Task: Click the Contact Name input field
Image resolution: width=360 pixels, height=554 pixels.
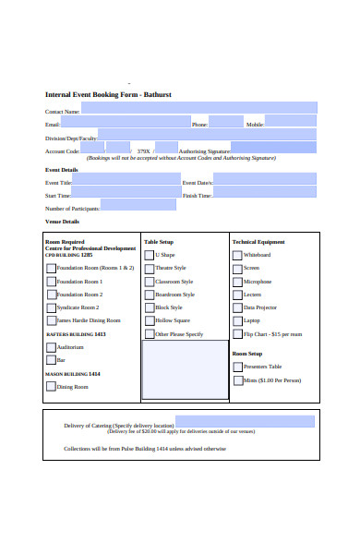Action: pos(198,108)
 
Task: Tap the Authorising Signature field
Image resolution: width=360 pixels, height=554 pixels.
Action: pos(272,148)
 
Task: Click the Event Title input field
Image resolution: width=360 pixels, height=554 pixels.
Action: pos(126,182)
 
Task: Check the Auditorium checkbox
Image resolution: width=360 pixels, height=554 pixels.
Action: pos(51,347)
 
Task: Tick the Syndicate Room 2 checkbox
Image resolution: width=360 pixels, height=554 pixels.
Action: pos(51,307)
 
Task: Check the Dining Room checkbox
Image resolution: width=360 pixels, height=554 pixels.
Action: pos(51,387)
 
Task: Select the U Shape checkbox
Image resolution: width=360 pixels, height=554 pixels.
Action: pos(149,255)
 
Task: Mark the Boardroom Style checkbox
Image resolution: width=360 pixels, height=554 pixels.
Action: pos(149,295)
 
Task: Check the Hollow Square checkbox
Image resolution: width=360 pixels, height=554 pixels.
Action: pos(149,320)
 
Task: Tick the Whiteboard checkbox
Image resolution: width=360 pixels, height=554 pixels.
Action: pos(237,255)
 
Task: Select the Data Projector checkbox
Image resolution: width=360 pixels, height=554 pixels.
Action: pos(237,307)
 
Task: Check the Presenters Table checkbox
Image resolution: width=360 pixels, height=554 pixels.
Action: pos(237,367)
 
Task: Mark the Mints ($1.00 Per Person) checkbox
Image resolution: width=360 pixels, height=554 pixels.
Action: pos(237,379)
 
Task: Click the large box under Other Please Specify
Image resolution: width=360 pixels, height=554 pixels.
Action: pos(184,369)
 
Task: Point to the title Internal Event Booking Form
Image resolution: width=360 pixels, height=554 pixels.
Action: pos(108,94)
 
